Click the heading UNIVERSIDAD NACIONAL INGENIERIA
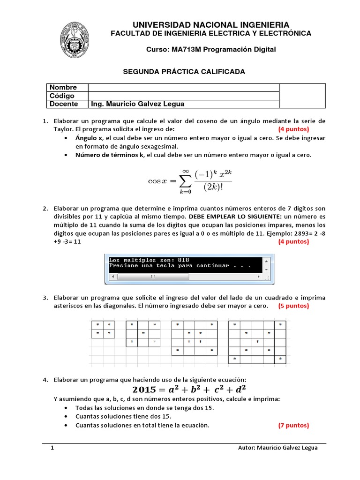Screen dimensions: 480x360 pyautogui.click(x=210, y=24)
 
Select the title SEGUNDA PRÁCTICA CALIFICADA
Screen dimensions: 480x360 pyautogui.click(x=184, y=71)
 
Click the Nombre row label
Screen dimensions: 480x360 pyautogui.click(x=63, y=87)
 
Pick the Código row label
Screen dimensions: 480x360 pyautogui.click(x=62, y=96)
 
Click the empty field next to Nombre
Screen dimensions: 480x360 pyautogui.click(x=183, y=87)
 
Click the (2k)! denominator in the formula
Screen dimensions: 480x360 pyautogui.click(x=213, y=186)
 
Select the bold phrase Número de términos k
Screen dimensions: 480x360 pyautogui.click(x=109, y=155)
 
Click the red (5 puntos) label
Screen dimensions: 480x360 pyautogui.click(x=293, y=306)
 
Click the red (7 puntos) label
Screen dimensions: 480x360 pyautogui.click(x=293, y=426)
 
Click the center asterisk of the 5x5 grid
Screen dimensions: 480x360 pyautogui.click(x=256, y=342)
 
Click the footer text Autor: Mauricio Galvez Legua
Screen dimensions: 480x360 pyautogui.click(x=277, y=448)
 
